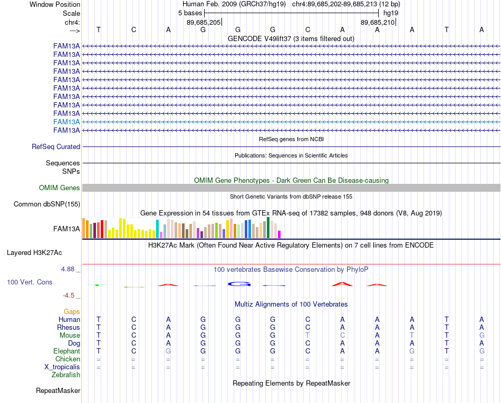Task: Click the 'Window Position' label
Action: [55, 4]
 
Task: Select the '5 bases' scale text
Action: [190, 13]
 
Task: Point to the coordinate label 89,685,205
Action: [204, 22]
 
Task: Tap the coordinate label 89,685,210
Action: [378, 22]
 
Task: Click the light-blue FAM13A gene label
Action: [66, 122]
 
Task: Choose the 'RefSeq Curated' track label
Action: [56, 147]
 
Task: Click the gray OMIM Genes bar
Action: [291, 188]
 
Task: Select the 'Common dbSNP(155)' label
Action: [47, 204]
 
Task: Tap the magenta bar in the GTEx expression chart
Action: [280, 234]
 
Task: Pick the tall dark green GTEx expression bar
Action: [268, 228]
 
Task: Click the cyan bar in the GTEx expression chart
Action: [157, 229]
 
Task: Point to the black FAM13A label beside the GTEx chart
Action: [66, 229]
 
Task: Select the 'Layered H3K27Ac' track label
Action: [34, 253]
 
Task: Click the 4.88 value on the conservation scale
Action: [68, 269]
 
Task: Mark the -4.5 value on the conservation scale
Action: [69, 296]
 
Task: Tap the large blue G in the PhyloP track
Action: [239, 283]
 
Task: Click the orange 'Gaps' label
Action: [72, 311]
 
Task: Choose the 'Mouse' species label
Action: [70, 336]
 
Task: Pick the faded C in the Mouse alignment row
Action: [342, 336]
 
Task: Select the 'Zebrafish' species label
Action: [66, 375]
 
